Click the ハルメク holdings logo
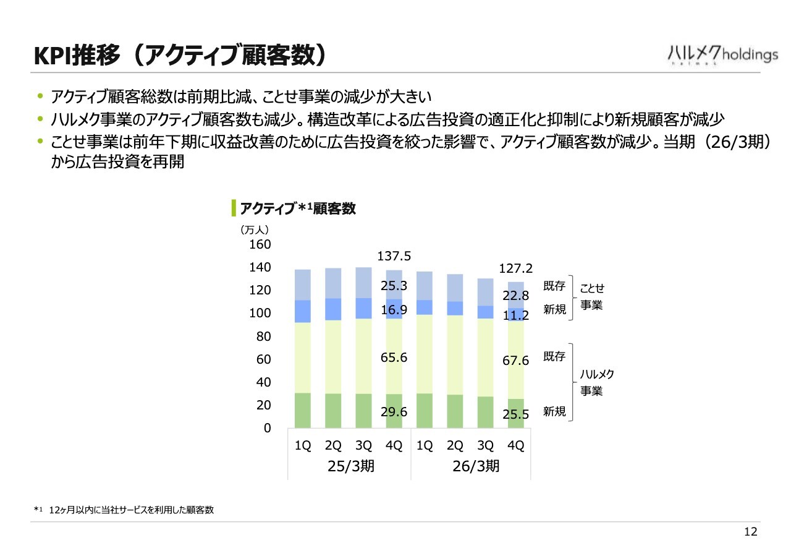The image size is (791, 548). (x=723, y=56)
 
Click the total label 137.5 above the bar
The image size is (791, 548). (x=394, y=256)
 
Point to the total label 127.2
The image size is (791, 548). (x=515, y=268)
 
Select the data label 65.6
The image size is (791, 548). (x=394, y=357)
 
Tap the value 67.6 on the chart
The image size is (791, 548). (x=515, y=361)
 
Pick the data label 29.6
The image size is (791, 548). (x=394, y=412)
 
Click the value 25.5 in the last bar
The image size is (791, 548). (x=515, y=414)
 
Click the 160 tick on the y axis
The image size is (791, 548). (x=260, y=244)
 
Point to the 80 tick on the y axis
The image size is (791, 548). (x=264, y=336)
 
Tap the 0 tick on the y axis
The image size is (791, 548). (x=268, y=428)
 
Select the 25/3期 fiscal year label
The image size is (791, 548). (x=350, y=466)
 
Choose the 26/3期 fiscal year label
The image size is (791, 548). (x=476, y=466)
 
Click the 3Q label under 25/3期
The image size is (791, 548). (x=364, y=445)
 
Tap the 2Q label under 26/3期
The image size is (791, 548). (x=455, y=445)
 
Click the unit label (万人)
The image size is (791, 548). (x=254, y=230)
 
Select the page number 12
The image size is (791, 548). (x=751, y=532)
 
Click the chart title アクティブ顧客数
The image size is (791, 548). (x=298, y=208)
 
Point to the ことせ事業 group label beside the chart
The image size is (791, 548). (x=592, y=296)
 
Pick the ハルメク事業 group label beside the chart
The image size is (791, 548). (x=597, y=382)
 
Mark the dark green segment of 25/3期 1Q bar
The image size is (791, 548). (x=303, y=411)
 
